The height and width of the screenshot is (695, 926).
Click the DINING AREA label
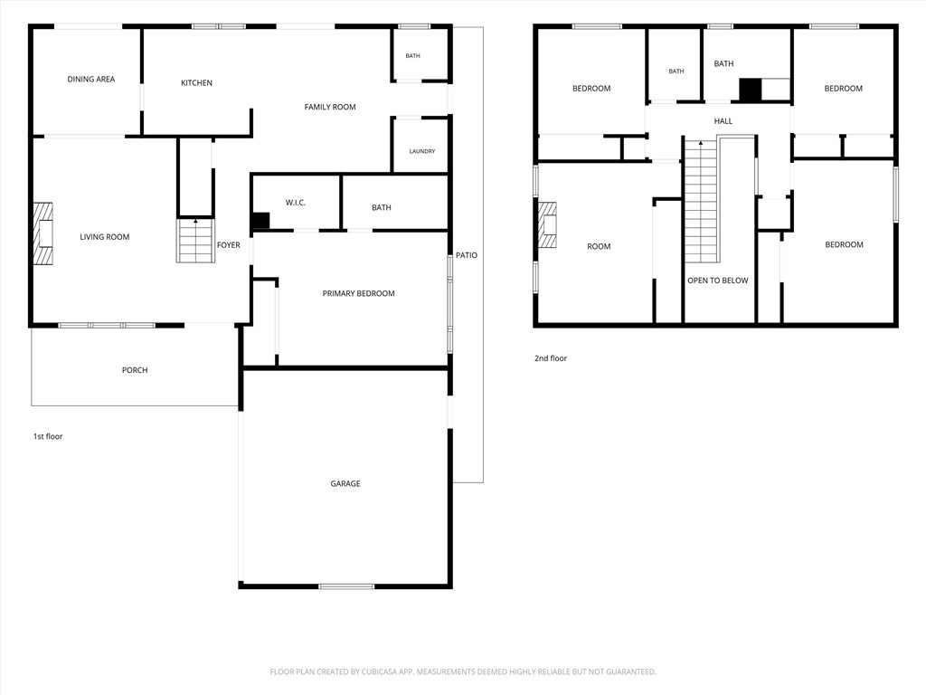(x=91, y=80)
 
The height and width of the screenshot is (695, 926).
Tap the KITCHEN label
(x=196, y=82)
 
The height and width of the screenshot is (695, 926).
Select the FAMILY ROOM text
(x=330, y=107)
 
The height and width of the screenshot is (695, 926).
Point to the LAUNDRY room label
(x=422, y=151)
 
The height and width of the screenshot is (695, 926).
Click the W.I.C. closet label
(x=296, y=203)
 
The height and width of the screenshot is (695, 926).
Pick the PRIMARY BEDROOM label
(x=358, y=293)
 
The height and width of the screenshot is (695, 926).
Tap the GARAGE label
(x=345, y=483)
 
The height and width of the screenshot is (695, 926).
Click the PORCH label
(x=135, y=370)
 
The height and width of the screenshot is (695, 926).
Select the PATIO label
(x=467, y=255)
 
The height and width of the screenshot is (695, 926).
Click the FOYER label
(x=229, y=244)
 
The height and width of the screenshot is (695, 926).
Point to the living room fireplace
(x=43, y=233)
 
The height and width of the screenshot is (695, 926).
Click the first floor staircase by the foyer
(x=195, y=241)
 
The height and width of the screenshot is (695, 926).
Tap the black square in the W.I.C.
(x=260, y=221)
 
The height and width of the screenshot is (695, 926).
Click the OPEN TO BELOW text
(x=717, y=281)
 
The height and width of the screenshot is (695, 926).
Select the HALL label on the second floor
(x=723, y=121)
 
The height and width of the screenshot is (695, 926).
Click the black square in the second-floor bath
(x=751, y=90)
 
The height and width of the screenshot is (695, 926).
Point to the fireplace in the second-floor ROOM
(x=547, y=224)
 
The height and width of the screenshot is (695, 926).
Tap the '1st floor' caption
(x=48, y=436)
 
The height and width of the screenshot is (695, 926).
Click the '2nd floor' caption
(x=551, y=358)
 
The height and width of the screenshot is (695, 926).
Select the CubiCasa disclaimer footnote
(x=463, y=672)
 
